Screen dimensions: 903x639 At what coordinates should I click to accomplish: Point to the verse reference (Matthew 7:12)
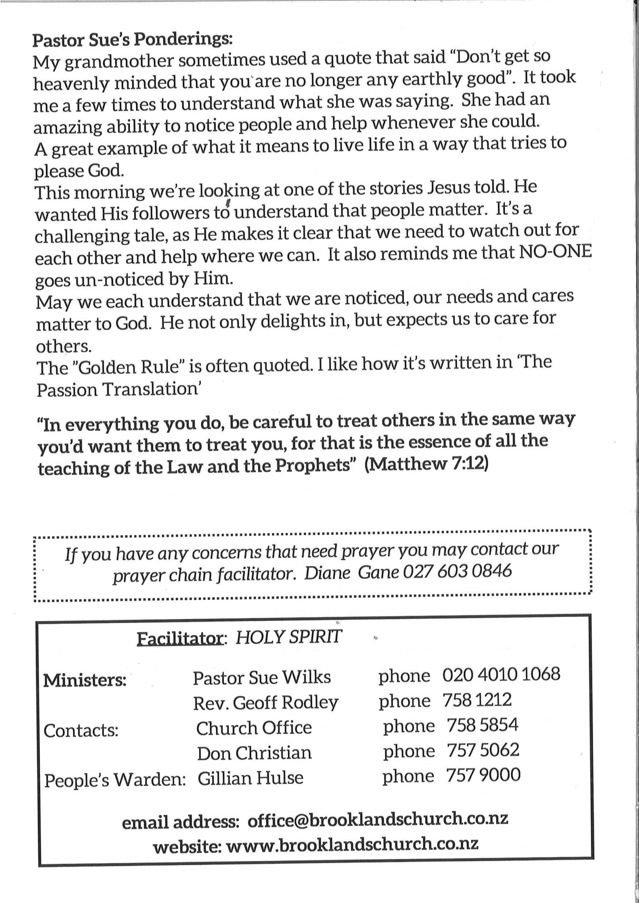[x=427, y=465]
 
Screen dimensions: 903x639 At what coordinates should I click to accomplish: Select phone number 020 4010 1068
[x=501, y=674]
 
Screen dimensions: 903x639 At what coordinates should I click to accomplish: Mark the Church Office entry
[x=254, y=728]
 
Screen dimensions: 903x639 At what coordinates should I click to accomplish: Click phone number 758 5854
[x=482, y=725]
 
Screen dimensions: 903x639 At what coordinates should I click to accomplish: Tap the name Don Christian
[x=254, y=753]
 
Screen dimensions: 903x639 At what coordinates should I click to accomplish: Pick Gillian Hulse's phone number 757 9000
[x=483, y=775]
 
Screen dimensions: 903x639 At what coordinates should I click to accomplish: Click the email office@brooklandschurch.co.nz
[x=378, y=819]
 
